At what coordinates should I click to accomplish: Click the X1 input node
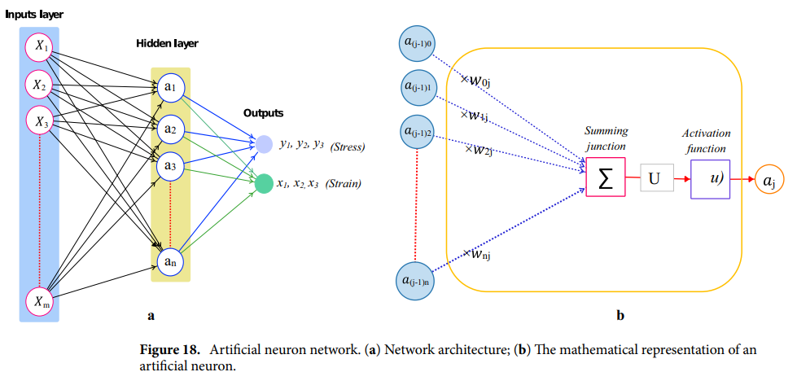[x=39, y=47]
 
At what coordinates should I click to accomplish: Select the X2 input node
[x=39, y=84]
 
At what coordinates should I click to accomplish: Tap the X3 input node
[x=39, y=121]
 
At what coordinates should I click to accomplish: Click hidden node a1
[x=170, y=87]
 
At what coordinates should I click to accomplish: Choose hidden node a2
[x=170, y=129]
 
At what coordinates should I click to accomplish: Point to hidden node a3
[x=170, y=167]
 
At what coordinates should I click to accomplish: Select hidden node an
[x=170, y=260]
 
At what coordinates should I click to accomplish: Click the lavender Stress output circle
[x=264, y=145]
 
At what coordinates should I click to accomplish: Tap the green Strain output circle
[x=264, y=184]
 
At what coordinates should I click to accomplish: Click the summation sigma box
[x=606, y=177]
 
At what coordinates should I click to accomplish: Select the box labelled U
[x=657, y=177]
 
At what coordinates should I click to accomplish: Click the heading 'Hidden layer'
[x=167, y=43]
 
